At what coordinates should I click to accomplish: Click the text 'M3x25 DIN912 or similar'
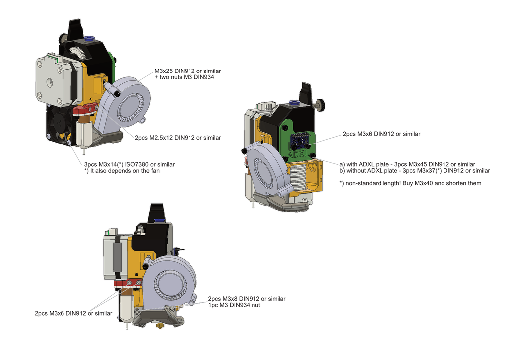point(188,71)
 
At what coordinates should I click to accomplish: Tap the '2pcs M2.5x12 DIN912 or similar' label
point(178,138)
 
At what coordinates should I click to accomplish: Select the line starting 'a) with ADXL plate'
point(407,164)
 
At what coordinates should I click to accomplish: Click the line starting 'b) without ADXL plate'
point(415,171)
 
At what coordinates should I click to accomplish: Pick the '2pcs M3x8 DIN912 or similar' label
point(247,299)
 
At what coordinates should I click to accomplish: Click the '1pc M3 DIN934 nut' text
point(234,305)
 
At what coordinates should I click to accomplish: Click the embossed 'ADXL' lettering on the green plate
point(298,154)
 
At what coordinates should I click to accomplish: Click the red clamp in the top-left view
point(85,109)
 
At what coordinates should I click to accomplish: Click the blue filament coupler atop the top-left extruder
point(88,39)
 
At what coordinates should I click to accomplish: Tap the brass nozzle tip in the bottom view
point(160,325)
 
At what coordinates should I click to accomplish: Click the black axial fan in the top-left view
point(60,125)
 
